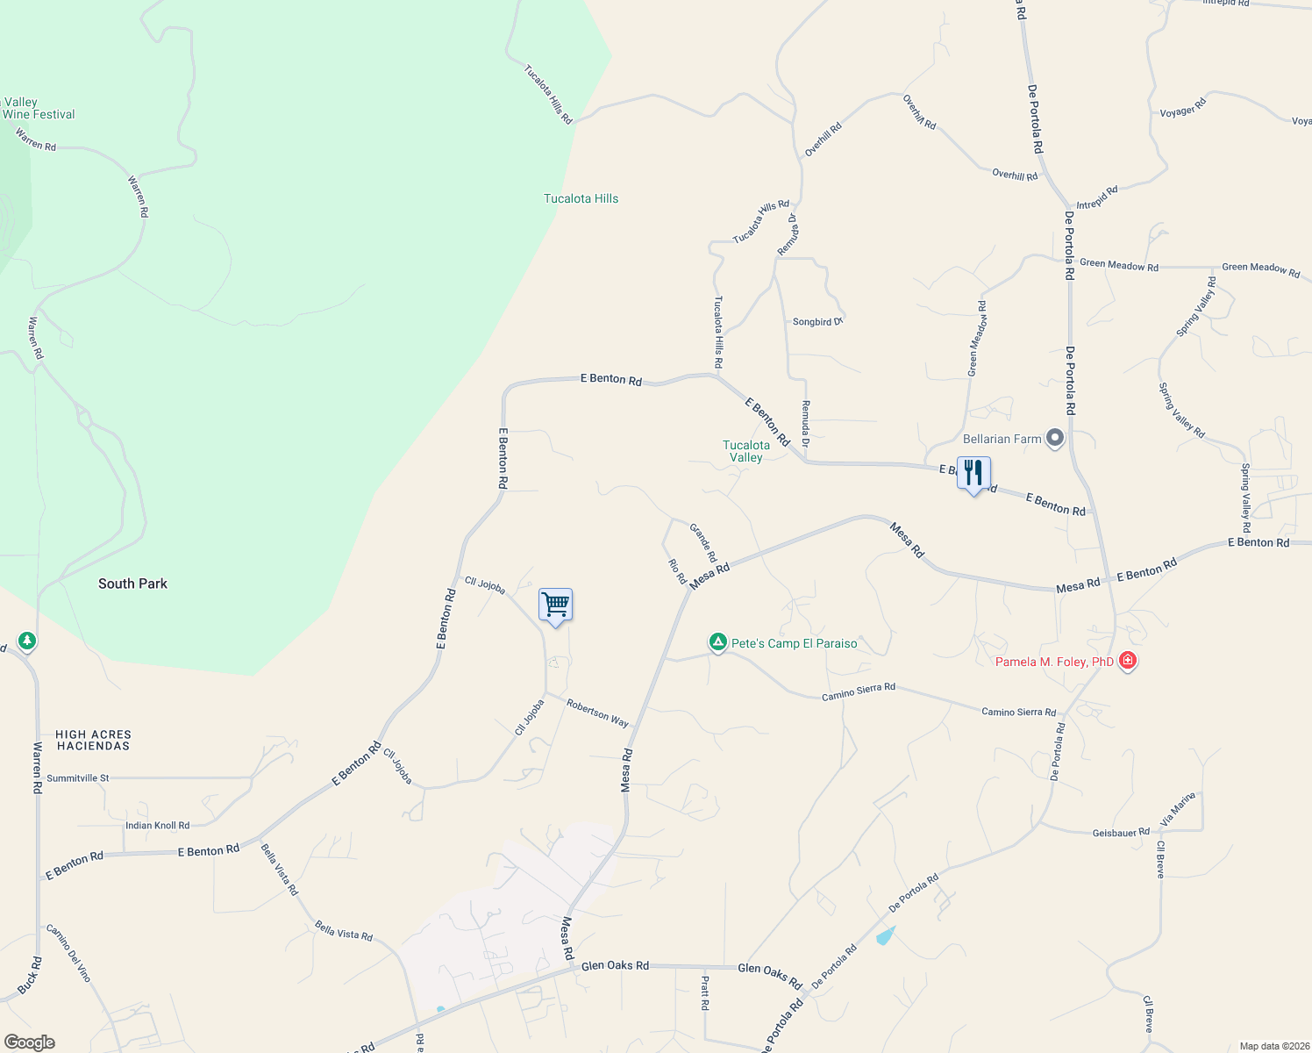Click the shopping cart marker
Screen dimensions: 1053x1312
(555, 605)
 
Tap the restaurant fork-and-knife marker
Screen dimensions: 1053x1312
(973, 473)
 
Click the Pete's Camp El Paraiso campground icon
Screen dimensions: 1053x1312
(717, 643)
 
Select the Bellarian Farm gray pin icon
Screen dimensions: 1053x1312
(1055, 438)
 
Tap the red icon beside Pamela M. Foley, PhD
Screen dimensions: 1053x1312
(1128, 661)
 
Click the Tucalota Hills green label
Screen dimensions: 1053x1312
(581, 198)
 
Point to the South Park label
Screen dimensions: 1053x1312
(132, 584)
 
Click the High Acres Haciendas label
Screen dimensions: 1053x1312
(94, 740)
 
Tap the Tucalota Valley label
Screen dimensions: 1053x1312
(746, 451)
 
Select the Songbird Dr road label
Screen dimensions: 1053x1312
(817, 322)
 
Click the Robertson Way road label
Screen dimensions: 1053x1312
(597, 713)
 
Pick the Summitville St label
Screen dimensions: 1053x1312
(78, 778)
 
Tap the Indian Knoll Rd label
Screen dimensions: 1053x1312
(157, 826)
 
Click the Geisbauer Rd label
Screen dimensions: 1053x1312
(1121, 833)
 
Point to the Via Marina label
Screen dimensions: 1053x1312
(1178, 808)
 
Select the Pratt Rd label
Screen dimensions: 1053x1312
(705, 992)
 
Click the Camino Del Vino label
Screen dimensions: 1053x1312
(68, 953)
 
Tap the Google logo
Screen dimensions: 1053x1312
(30, 1042)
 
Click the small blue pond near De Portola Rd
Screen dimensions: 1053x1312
(886, 935)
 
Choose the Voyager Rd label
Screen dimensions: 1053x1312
(1183, 108)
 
